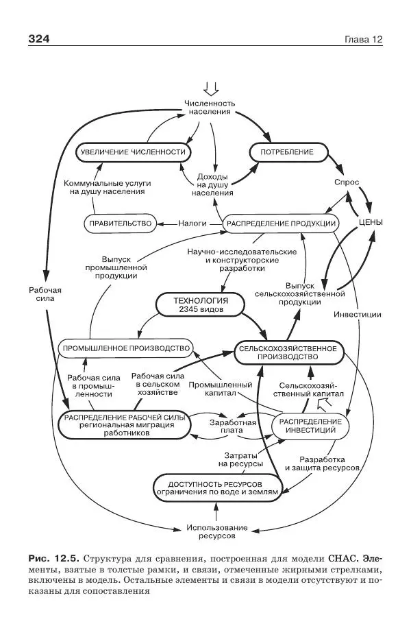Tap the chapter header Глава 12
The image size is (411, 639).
[362, 39]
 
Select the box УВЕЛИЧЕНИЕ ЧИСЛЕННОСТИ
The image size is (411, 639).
[133, 152]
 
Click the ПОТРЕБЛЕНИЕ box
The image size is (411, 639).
[286, 152]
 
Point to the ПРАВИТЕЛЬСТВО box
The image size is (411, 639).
[120, 223]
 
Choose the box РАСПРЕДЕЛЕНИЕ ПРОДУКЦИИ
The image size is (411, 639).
[281, 223]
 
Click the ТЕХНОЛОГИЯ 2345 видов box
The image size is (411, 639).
[201, 304]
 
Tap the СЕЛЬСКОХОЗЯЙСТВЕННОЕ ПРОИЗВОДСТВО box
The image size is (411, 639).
[288, 352]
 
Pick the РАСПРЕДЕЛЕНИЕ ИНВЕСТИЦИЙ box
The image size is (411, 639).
[310, 425]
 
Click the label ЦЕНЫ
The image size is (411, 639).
[370, 223]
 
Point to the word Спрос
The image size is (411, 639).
[347, 183]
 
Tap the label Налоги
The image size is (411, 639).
[192, 223]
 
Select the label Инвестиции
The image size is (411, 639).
[358, 314]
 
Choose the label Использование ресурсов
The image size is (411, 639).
[216, 532]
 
